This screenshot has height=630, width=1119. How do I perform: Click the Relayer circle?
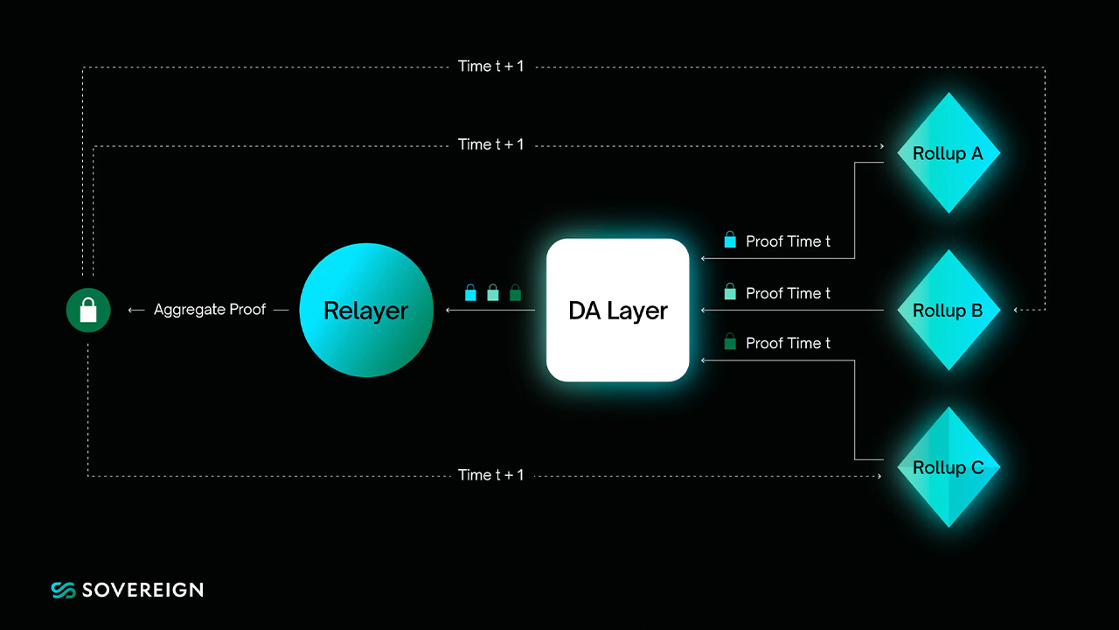pyautogui.click(x=366, y=310)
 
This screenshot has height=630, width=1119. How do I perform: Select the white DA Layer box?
pyautogui.click(x=618, y=310)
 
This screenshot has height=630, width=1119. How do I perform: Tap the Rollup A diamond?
pyautogui.click(x=949, y=153)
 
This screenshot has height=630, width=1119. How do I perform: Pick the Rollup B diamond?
pyautogui.click(x=949, y=310)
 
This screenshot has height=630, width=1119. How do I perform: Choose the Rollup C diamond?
pyautogui.click(x=949, y=467)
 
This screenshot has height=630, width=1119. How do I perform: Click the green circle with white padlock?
pyautogui.click(x=88, y=310)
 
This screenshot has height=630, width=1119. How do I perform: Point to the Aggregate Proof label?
pyautogui.click(x=210, y=310)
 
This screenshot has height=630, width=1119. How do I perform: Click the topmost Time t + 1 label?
pyautogui.click(x=491, y=66)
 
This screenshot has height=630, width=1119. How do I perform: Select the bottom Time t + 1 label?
pyautogui.click(x=491, y=474)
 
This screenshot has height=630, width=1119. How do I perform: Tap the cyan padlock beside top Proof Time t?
pyautogui.click(x=730, y=240)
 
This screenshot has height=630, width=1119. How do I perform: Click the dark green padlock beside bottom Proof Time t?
pyautogui.click(x=730, y=341)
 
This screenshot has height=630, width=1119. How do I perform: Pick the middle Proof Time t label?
pyautogui.click(x=788, y=293)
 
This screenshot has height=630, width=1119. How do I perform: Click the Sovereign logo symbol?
pyautogui.click(x=64, y=590)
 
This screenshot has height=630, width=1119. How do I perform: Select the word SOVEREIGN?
pyautogui.click(x=142, y=590)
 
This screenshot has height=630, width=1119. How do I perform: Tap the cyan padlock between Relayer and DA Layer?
pyautogui.click(x=470, y=292)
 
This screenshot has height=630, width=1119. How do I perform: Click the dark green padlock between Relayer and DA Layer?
pyautogui.click(x=515, y=292)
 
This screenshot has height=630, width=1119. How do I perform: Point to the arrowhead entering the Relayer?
pyautogui.click(x=448, y=310)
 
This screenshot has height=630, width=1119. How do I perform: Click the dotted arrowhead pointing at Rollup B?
pyautogui.click(x=1016, y=310)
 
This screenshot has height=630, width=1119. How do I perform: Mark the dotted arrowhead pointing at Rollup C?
pyautogui.click(x=879, y=476)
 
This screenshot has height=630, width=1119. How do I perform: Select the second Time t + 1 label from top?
pyautogui.click(x=491, y=144)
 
